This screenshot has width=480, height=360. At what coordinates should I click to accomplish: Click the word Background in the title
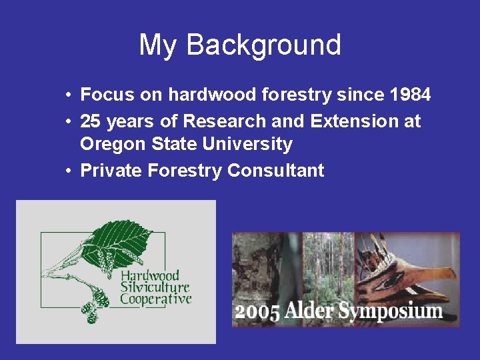[263, 45]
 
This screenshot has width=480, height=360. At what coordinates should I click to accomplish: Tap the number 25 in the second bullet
[90, 121]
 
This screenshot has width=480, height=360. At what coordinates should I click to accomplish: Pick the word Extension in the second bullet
[350, 121]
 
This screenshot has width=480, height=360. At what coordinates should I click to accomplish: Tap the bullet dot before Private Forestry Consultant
[69, 171]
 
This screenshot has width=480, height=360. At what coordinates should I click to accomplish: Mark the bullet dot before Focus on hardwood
[69, 95]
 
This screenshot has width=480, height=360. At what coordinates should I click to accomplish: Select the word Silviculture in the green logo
[154, 287]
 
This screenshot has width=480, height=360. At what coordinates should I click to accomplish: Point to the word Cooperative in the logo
[155, 299]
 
